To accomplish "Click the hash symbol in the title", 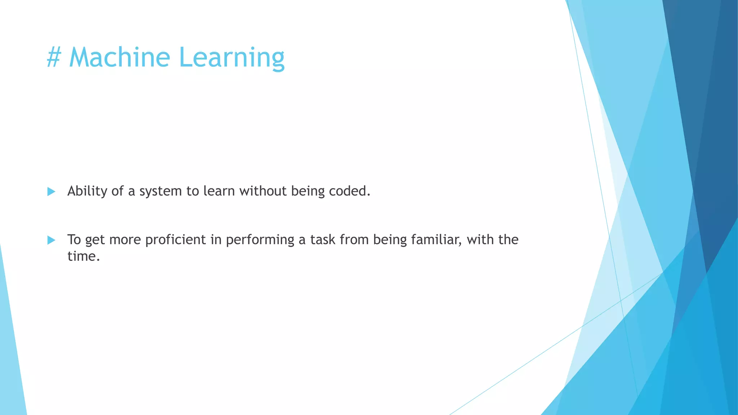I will pyautogui.click(x=54, y=58).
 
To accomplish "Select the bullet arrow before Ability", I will pyautogui.click(x=51, y=191).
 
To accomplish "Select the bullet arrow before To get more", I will pyautogui.click(x=51, y=240).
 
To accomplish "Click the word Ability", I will pyautogui.click(x=87, y=191).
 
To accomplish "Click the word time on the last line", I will pyautogui.click(x=83, y=256).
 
